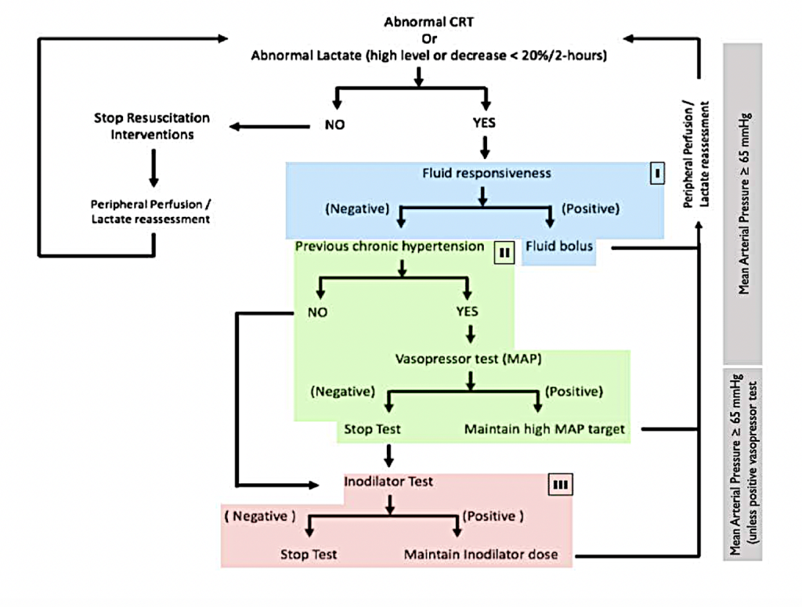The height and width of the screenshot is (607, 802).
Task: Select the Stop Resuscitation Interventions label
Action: point(152,126)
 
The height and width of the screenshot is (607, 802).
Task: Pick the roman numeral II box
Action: point(503,253)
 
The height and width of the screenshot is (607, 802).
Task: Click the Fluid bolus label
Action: point(559,246)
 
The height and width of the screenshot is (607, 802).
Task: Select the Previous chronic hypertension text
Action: point(389,247)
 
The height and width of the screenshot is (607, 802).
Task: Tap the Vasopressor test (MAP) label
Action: point(468,359)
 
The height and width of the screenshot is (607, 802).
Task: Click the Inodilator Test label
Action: point(388,481)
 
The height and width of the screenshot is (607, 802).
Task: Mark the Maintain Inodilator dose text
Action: point(481,555)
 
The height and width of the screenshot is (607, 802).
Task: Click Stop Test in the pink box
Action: point(309,555)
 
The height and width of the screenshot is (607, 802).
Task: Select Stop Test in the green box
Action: point(372,429)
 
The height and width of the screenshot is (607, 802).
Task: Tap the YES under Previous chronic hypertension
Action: point(468,311)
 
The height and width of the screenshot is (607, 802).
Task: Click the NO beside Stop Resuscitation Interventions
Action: point(334,124)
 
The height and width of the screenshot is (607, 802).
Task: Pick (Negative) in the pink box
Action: point(260,516)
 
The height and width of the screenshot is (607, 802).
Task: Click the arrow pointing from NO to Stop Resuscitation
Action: point(266,124)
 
